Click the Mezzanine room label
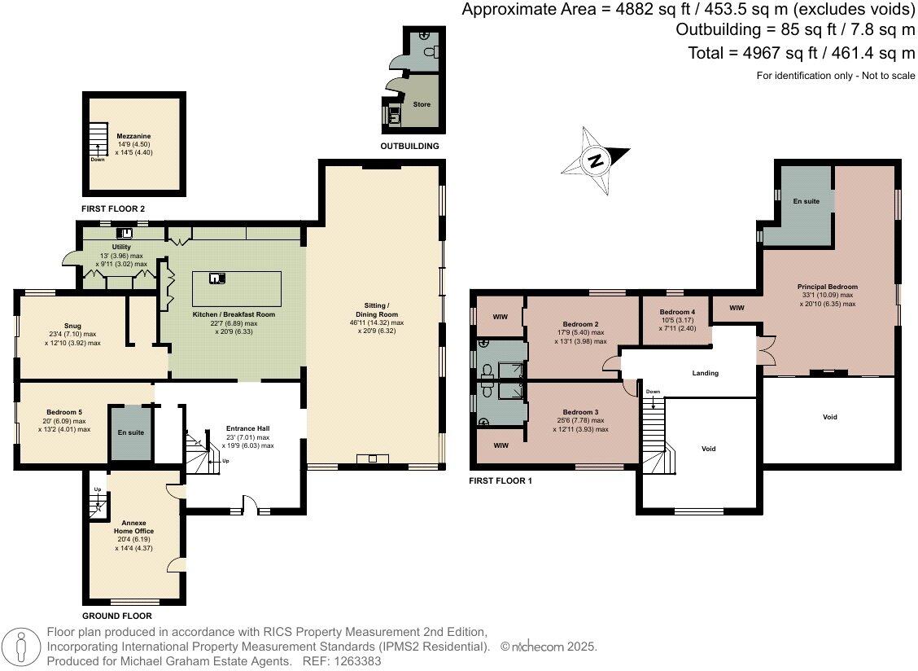(x=133, y=136)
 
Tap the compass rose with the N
(x=596, y=160)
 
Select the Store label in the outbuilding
(x=422, y=104)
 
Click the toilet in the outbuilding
(x=432, y=52)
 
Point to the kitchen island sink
(x=216, y=278)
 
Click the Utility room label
(x=121, y=248)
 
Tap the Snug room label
(x=72, y=326)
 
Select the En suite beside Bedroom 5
(x=130, y=432)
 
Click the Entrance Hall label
(x=247, y=429)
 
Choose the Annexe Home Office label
(x=134, y=527)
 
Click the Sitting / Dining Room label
(x=381, y=309)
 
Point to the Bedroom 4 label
(x=677, y=313)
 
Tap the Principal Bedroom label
(x=827, y=287)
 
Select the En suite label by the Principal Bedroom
(x=807, y=201)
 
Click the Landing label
(x=705, y=373)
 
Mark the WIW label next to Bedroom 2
(x=500, y=317)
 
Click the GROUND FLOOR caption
(x=117, y=616)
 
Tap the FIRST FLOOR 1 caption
(x=501, y=480)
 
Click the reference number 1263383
(x=357, y=661)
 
